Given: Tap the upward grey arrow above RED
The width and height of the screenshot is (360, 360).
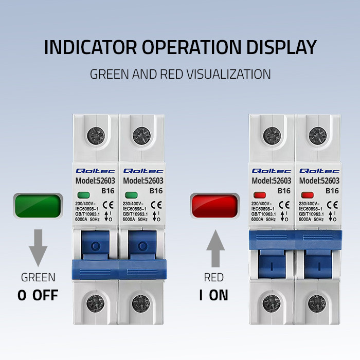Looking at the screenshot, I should pos(214,248).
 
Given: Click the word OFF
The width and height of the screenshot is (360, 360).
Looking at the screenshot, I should pos(46,296).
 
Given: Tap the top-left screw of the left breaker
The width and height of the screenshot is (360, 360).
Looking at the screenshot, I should pos(96,136).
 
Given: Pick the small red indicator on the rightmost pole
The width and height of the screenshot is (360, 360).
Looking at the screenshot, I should pos(308,195).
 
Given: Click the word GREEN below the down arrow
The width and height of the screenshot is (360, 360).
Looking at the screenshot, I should pos(38,278).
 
